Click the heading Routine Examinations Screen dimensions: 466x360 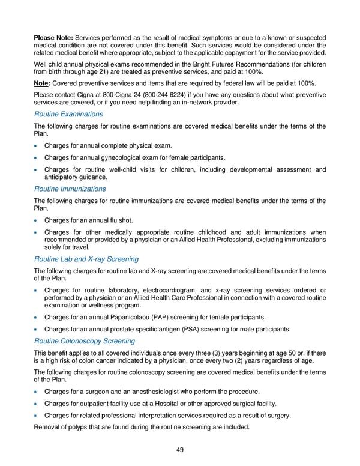[x=68, y=114]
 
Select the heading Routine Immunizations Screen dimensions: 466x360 [x=70, y=189]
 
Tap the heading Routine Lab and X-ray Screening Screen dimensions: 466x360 [x=86, y=259]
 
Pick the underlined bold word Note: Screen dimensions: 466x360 [x=42, y=82]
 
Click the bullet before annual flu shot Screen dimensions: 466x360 [x=38, y=220]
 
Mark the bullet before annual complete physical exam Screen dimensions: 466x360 [x=38, y=146]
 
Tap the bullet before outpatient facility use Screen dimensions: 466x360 [x=38, y=404]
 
